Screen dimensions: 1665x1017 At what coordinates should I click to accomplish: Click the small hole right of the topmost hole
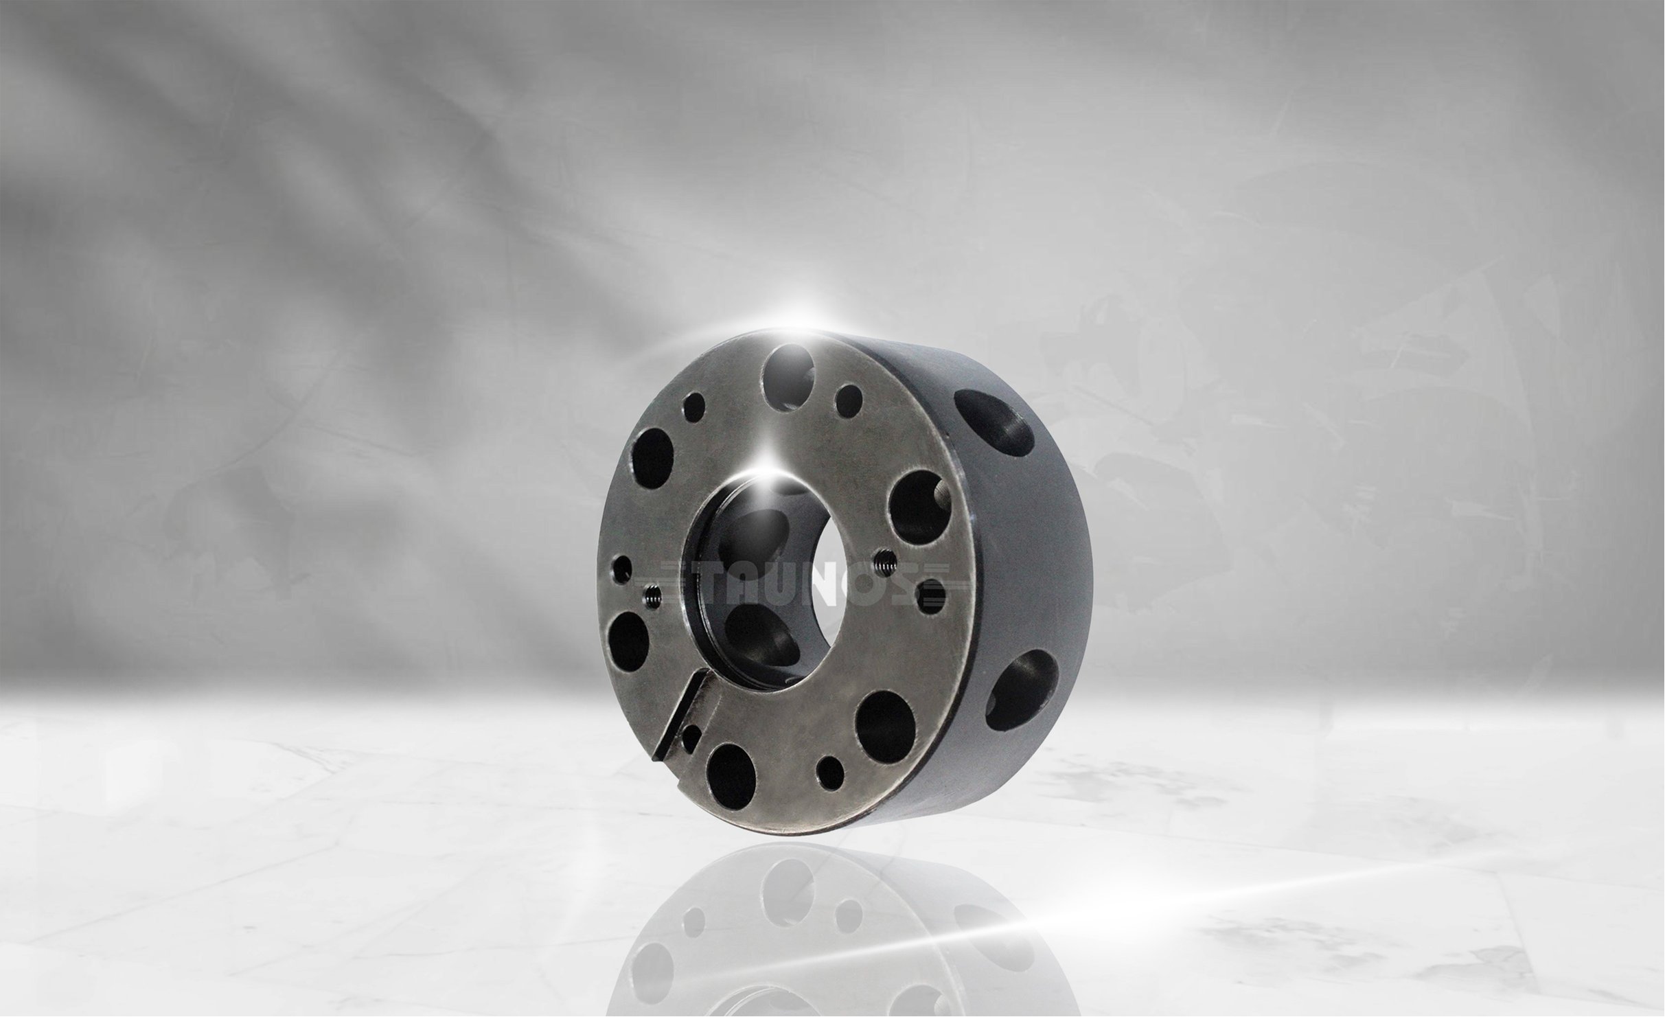849,400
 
